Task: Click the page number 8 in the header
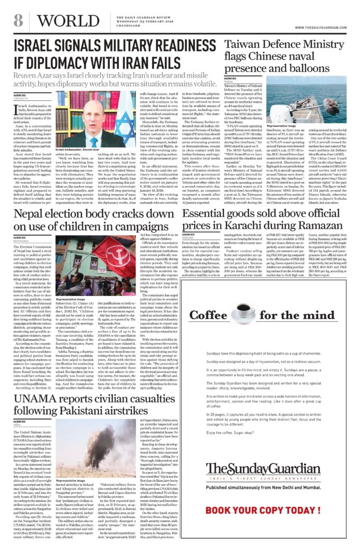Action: point(18,21)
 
